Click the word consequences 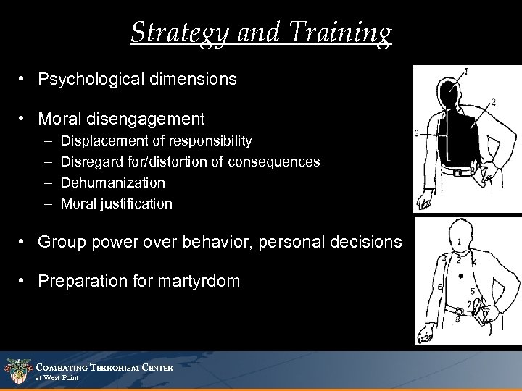pyautogui.click(x=273, y=161)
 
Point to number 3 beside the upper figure pyautogui.click(x=417, y=133)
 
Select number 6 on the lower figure pyautogui.click(x=441, y=287)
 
